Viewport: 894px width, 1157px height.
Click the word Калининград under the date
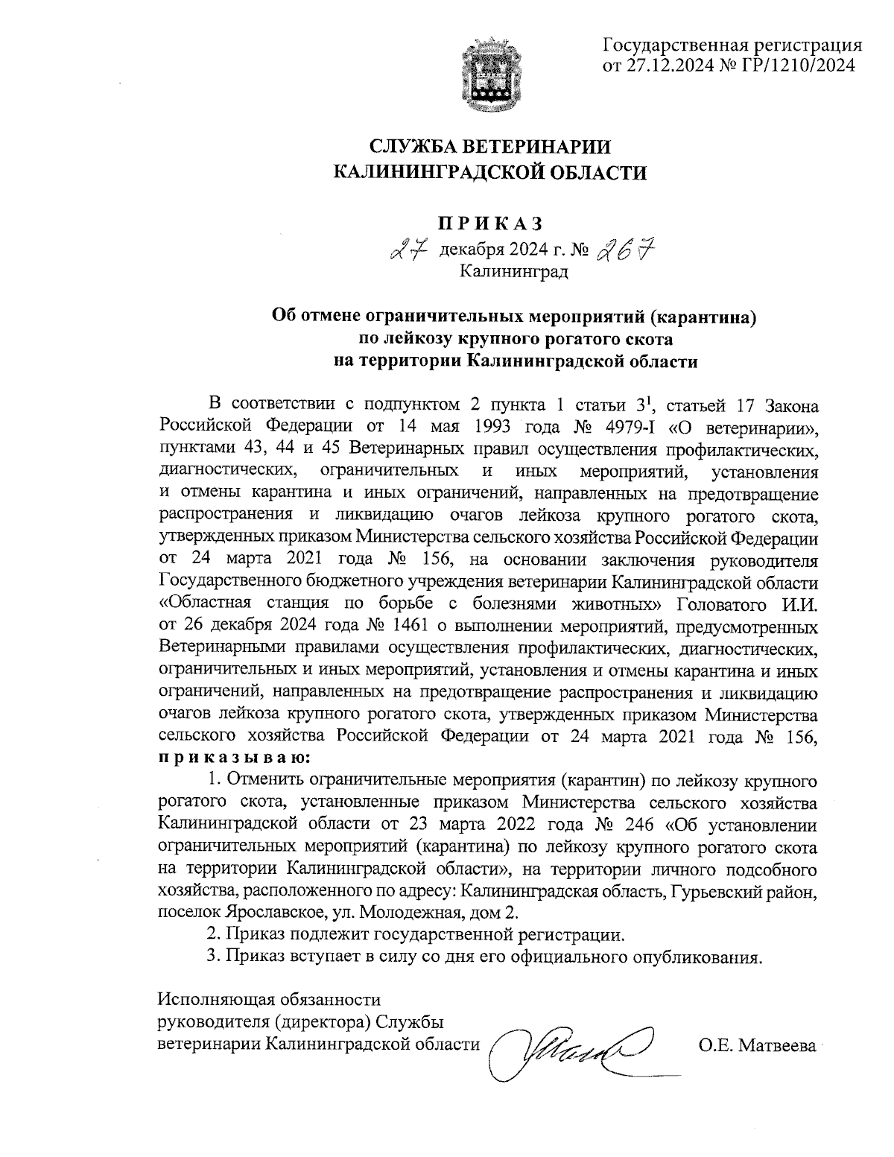pos(513,272)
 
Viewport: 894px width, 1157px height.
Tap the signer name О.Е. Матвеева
pos(757,1046)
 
